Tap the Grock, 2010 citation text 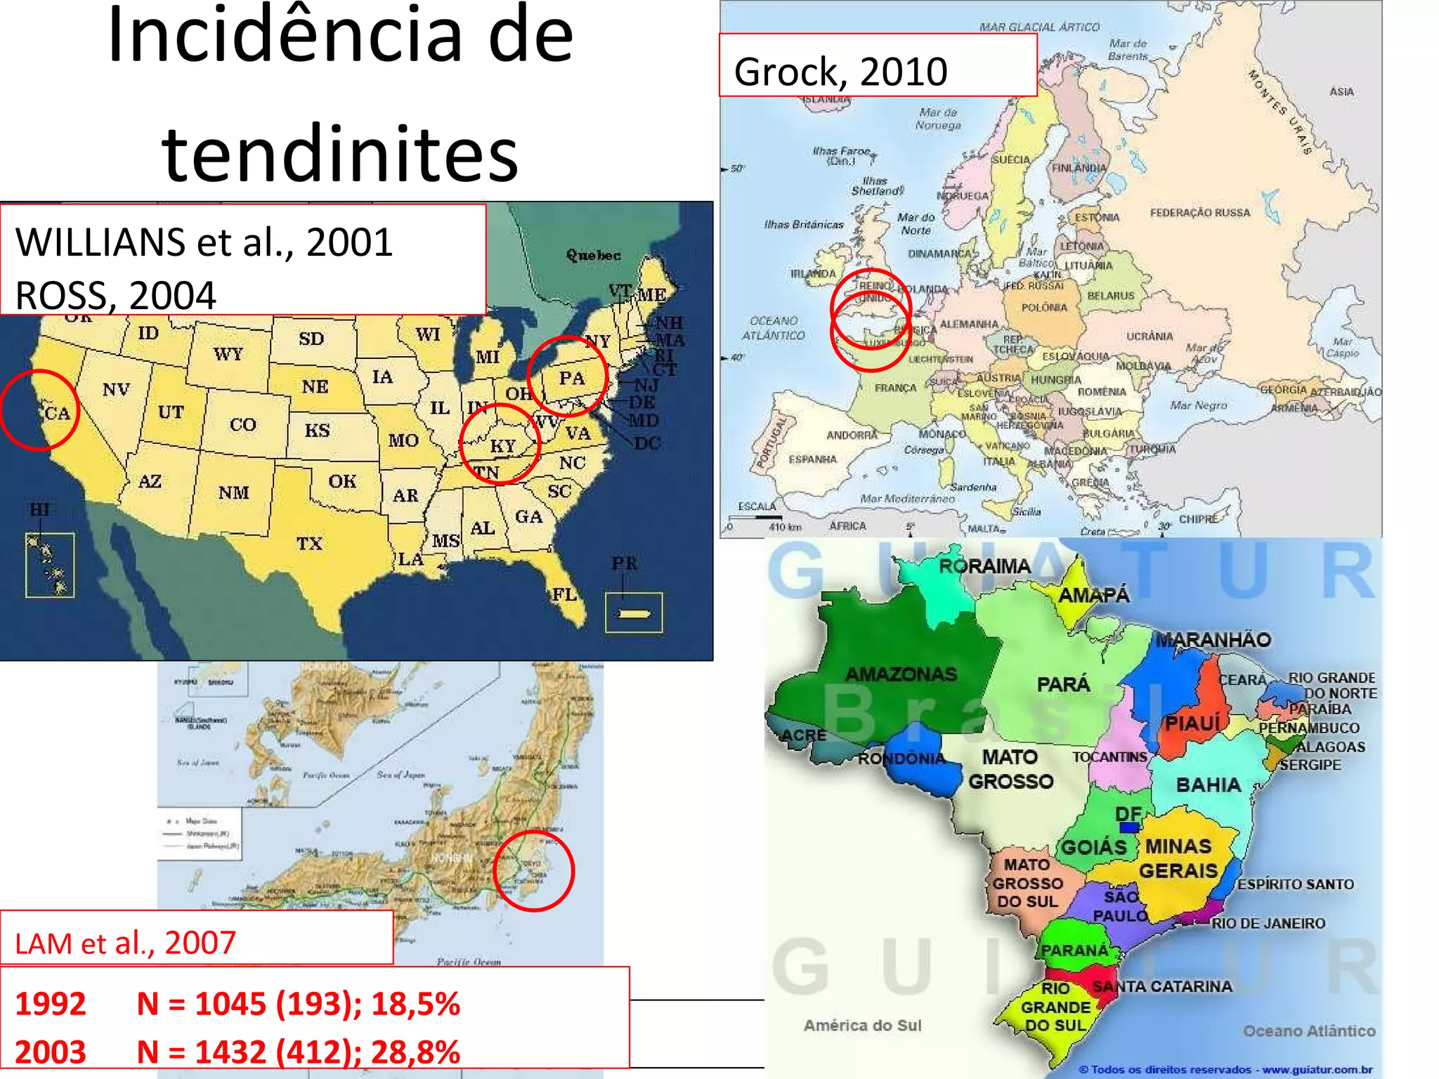click(840, 72)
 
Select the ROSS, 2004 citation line click(116, 295)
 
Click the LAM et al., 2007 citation click(125, 943)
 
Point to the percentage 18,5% click(415, 1003)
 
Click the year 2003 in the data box click(51, 1052)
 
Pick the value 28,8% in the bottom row click(415, 1052)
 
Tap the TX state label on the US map click(309, 543)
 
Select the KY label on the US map click(503, 446)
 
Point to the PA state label click(572, 378)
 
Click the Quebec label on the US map click(594, 255)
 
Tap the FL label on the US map click(564, 594)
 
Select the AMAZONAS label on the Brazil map click(901, 674)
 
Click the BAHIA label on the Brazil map click(1209, 785)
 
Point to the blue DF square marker click(1129, 827)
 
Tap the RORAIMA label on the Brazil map click(984, 566)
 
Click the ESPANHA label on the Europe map click(812, 459)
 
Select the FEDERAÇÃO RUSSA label click(1200, 212)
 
